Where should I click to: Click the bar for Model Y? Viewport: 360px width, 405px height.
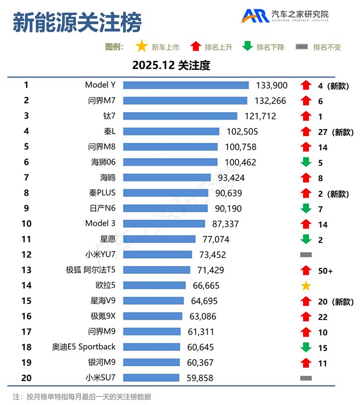186,85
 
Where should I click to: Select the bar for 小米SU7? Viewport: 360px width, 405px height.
152,378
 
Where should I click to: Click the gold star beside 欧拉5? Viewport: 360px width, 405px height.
306,285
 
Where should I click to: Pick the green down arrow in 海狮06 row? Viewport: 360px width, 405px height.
306,162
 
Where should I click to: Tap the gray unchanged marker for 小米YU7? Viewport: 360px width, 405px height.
306,255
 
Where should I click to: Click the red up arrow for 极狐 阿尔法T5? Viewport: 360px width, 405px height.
306,270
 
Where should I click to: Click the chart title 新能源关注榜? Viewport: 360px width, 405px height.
77,23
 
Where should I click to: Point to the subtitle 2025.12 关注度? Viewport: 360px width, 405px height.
171,65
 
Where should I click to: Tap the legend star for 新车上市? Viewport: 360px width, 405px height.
141,46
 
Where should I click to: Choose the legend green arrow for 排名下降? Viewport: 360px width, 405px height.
247,46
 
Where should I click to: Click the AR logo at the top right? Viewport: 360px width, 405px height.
255,16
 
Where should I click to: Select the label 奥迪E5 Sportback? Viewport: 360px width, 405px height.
84,347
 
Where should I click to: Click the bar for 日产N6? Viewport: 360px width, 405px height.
165,208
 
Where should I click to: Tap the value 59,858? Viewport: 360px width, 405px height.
199,378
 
